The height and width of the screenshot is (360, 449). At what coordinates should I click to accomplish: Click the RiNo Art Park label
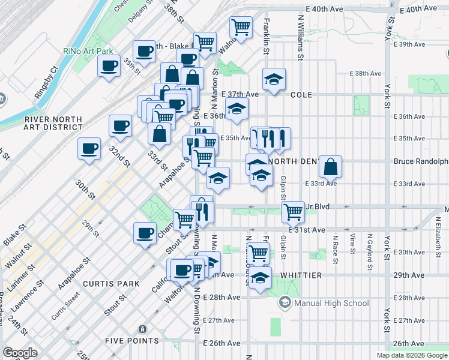[x=84, y=50]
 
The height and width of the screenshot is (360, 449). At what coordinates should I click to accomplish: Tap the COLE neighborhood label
[x=302, y=95]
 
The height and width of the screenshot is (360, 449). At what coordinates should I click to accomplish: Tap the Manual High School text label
[x=331, y=303]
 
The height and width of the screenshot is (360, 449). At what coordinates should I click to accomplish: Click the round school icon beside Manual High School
[x=285, y=303]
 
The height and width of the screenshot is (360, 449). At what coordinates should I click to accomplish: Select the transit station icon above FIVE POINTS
[x=142, y=329]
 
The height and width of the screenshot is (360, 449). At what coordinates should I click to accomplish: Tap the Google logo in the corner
[x=20, y=353]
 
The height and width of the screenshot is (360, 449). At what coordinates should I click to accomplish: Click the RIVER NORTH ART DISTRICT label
[x=53, y=123]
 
